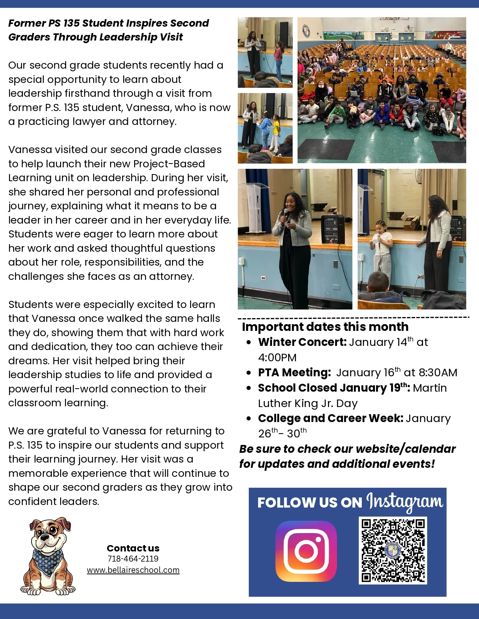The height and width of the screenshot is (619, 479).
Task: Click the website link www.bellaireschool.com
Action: coord(133,570)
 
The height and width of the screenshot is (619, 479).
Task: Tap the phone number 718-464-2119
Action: coord(133,559)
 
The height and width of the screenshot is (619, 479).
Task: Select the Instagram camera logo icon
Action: coord(306,551)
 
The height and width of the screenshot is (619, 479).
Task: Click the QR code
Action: coord(393,550)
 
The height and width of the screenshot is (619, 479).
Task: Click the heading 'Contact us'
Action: coord(133,548)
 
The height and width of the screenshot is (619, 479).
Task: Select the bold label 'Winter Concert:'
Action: coord(302,342)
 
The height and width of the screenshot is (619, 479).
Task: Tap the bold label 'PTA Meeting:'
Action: coord(294,373)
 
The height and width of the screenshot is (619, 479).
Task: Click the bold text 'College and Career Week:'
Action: coord(331,418)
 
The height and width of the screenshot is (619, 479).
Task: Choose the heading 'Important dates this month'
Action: coord(325,327)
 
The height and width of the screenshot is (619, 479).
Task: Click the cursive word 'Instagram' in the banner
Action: coord(405,502)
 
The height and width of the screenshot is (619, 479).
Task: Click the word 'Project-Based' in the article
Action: coord(169,164)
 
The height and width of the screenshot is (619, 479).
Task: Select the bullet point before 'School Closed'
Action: coord(249,388)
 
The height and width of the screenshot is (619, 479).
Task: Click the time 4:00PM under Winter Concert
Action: coord(277,358)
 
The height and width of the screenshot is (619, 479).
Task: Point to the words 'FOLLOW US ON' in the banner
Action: coord(310,503)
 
